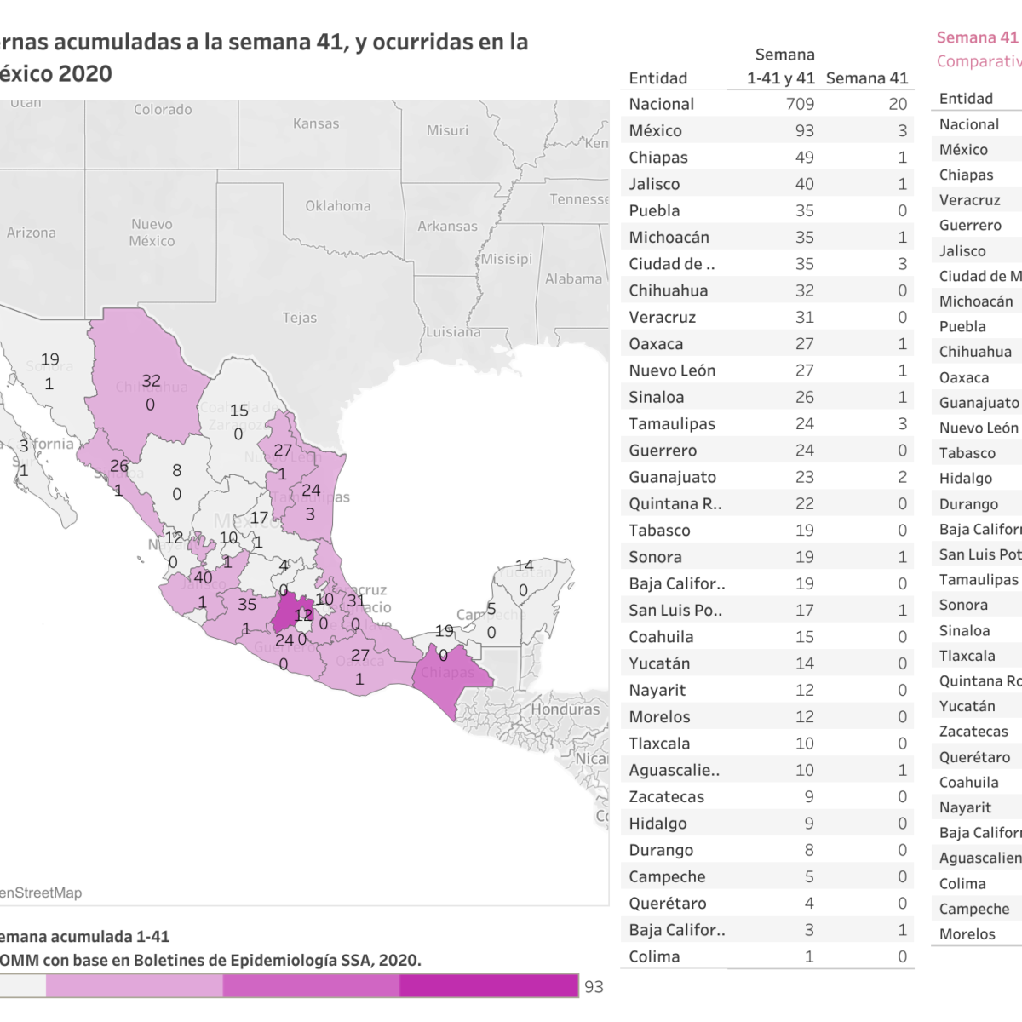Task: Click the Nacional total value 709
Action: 800,104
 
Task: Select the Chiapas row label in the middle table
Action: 658,158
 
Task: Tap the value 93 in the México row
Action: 804,131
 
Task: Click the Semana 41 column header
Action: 867,78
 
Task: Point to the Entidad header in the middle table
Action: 657,78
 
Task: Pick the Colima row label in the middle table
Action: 654,956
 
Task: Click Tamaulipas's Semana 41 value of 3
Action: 902,424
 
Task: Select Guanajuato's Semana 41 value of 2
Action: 902,477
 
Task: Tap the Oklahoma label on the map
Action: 338,206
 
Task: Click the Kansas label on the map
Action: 316,123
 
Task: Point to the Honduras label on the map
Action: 566,709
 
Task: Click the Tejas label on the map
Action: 300,318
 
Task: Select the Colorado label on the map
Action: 163,110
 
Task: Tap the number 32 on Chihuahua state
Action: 151,381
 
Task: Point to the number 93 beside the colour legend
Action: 594,986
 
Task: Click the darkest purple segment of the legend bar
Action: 489,985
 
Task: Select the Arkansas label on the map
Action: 447,227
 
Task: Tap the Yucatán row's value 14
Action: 804,663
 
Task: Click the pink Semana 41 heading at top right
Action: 977,37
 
